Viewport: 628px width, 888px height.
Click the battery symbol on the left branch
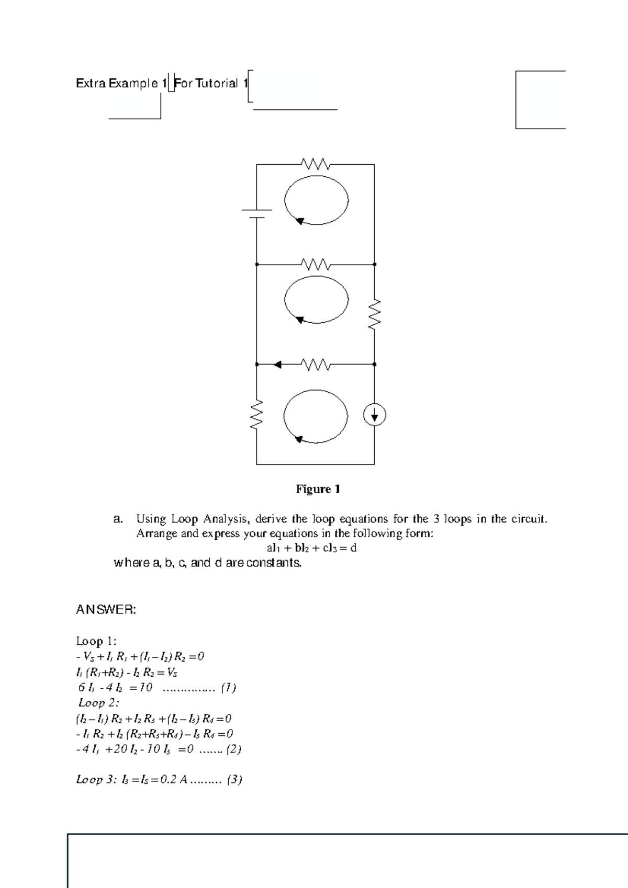(x=256, y=214)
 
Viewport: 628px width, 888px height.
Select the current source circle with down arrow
(x=375, y=416)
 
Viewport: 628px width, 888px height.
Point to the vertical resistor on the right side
(x=375, y=314)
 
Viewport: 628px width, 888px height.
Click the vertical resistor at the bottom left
(x=256, y=415)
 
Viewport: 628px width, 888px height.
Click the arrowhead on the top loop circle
(x=300, y=221)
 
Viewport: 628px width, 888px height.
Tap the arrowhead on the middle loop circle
(x=300, y=320)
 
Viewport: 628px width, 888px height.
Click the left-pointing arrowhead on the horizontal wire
(x=278, y=364)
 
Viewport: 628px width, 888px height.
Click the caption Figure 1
(x=318, y=489)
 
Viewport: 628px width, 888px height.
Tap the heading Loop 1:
(x=96, y=641)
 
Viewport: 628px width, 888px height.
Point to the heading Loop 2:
(x=99, y=703)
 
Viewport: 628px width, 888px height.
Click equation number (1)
(x=229, y=688)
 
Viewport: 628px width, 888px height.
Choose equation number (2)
(x=233, y=749)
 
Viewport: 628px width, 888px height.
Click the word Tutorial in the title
(x=217, y=84)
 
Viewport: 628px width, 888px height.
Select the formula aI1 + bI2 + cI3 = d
(x=311, y=549)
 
